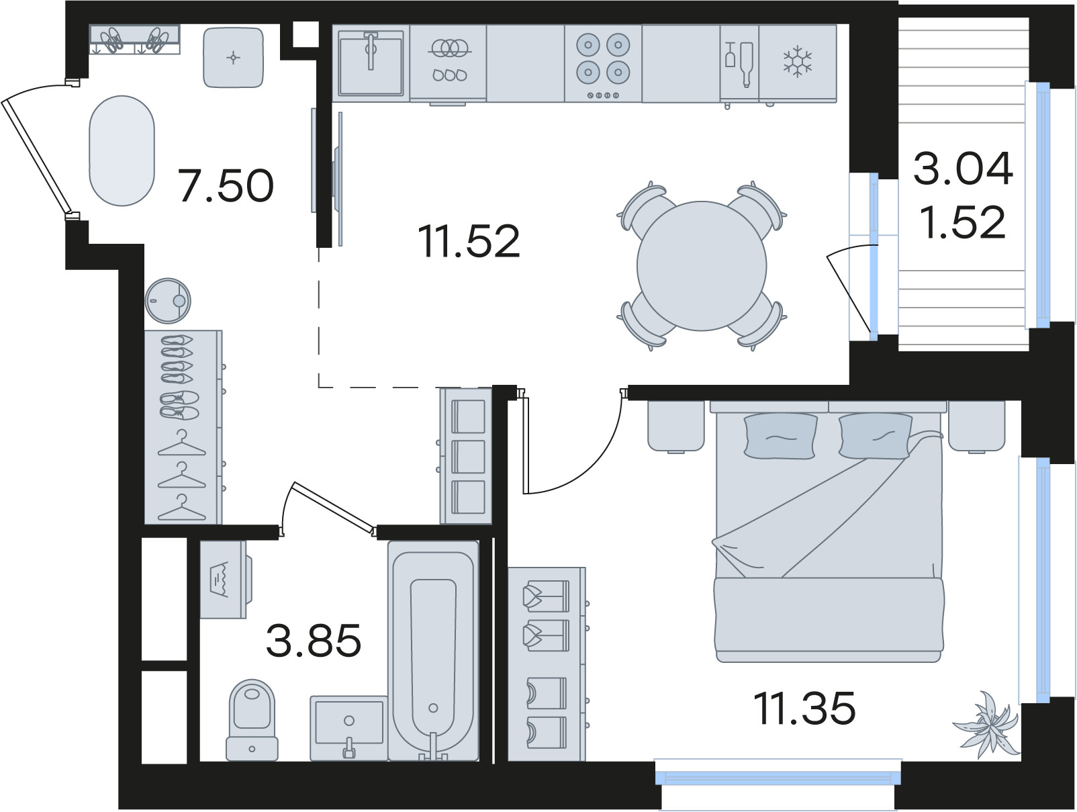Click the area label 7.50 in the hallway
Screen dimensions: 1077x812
(x=226, y=185)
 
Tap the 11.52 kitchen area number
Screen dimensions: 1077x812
(x=469, y=241)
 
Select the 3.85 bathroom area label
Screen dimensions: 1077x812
(x=314, y=640)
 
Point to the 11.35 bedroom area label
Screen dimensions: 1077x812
(x=804, y=708)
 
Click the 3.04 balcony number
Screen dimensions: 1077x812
(x=963, y=169)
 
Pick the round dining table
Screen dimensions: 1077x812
(x=702, y=266)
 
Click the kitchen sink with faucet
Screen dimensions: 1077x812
(x=371, y=63)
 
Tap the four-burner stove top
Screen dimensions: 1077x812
(x=603, y=63)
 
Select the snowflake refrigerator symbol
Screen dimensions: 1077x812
(x=797, y=61)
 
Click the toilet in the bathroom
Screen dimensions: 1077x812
(x=252, y=720)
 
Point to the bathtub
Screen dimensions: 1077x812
(x=433, y=651)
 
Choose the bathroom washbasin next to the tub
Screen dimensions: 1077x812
(x=349, y=727)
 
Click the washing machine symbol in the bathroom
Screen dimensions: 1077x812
(x=226, y=580)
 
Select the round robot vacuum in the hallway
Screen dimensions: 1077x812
(x=168, y=301)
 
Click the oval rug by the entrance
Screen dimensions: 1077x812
(x=122, y=150)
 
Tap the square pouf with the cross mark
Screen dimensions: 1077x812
(x=233, y=57)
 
